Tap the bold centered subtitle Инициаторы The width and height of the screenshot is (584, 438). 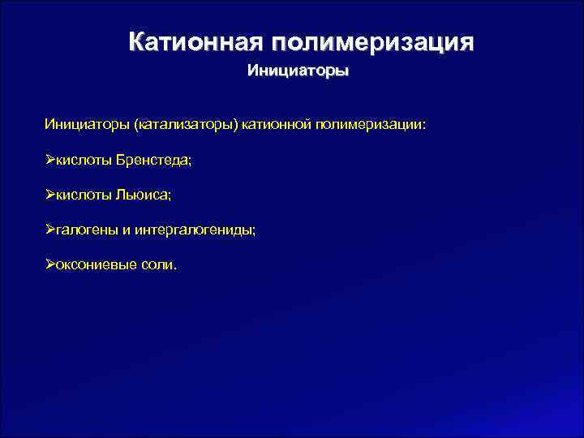[298, 71]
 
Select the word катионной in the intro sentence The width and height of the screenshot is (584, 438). [276, 126]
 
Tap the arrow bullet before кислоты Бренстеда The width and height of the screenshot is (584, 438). [50, 161]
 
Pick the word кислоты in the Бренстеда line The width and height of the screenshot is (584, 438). [84, 161]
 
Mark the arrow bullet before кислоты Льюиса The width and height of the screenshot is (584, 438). [50, 195]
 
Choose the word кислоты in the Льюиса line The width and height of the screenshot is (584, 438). [84, 195]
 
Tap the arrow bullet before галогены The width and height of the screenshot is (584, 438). [50, 230]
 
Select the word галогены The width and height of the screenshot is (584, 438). [87, 230]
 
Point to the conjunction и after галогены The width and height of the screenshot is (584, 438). [127, 230]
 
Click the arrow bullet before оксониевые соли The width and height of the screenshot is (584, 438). [50, 265]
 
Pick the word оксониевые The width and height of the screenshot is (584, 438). [97, 265]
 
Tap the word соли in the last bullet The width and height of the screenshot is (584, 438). [160, 265]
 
